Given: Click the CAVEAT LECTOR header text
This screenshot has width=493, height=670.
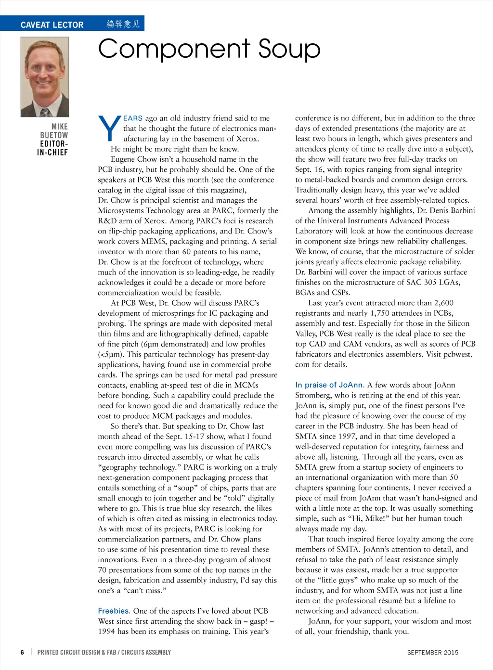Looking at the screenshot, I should [52, 25].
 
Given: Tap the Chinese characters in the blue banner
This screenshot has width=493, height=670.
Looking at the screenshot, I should [123, 24].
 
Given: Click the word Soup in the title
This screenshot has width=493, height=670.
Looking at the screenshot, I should [289, 49].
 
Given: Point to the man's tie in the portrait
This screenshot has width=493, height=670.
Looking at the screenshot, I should [44, 112].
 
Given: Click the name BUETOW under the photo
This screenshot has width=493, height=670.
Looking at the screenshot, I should [54, 135].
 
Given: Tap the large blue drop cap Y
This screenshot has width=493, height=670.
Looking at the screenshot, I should [109, 129].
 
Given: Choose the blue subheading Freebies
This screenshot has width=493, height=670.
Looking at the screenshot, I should [114, 611].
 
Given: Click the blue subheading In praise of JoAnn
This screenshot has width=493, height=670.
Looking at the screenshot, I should [329, 385].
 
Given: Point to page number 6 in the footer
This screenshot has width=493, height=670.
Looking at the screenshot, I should [22, 652].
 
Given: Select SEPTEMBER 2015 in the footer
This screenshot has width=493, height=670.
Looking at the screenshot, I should [433, 653].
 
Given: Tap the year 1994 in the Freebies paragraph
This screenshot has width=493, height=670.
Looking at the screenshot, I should [107, 631].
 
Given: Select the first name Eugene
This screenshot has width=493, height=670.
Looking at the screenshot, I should [124, 159].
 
